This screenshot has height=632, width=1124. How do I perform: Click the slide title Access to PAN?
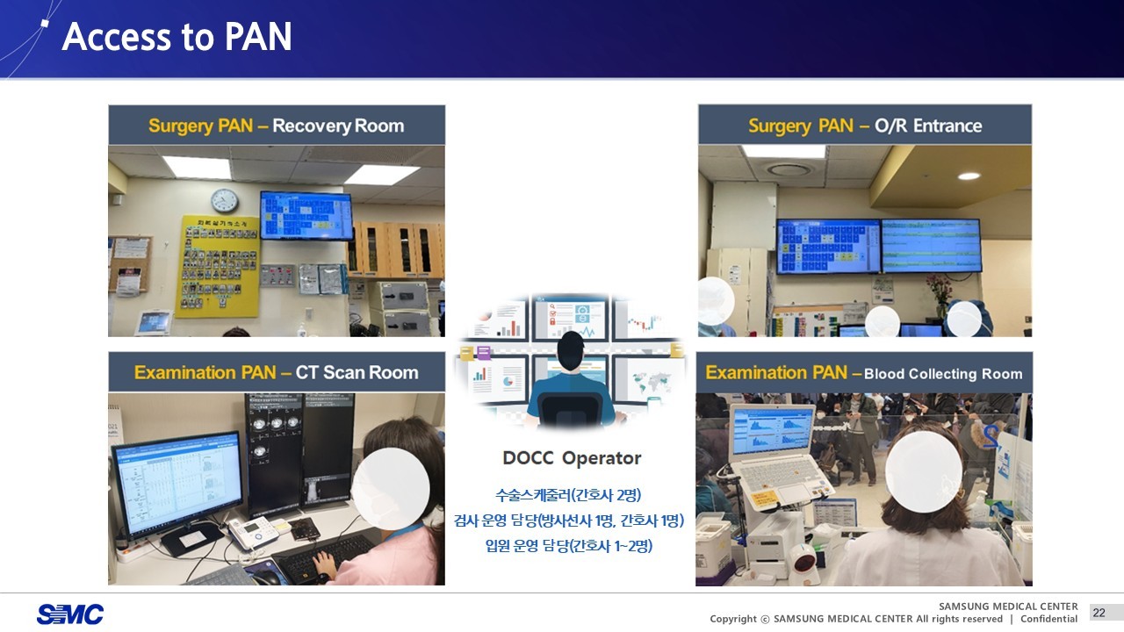(x=177, y=38)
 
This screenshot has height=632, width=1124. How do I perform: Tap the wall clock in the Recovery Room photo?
(x=225, y=200)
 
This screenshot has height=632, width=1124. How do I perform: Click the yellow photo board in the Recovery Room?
(x=217, y=266)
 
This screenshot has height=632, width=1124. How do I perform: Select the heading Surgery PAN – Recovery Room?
(x=276, y=126)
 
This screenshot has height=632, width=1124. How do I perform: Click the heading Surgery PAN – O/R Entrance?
(x=864, y=126)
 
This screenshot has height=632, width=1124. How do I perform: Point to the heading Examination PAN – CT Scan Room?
(x=276, y=372)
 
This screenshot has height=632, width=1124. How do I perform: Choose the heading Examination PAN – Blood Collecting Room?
(x=864, y=373)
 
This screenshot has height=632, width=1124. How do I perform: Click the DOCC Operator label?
(x=572, y=458)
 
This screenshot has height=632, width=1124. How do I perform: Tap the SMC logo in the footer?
(x=70, y=614)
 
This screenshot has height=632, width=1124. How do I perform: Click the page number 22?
(x=1099, y=613)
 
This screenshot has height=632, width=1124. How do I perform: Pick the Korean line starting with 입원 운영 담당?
(x=568, y=546)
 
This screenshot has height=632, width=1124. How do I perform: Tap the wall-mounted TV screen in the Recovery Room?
(x=306, y=215)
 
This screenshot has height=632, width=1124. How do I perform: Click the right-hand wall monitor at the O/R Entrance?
(x=931, y=245)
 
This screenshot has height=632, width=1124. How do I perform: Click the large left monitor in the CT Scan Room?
(x=177, y=481)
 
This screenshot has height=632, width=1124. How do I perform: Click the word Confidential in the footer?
(x=1048, y=619)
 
